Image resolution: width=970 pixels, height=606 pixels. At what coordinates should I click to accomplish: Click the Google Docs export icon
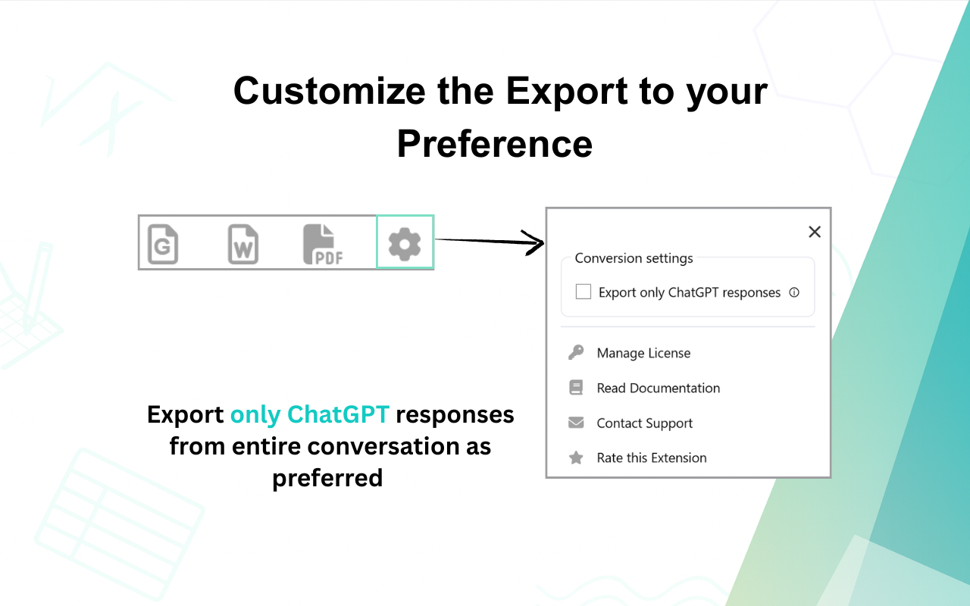click(163, 244)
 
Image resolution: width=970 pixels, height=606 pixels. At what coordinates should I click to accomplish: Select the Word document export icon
click(242, 244)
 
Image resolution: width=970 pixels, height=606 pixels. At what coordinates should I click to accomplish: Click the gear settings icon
click(405, 243)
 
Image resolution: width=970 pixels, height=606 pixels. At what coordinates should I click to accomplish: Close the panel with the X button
click(815, 232)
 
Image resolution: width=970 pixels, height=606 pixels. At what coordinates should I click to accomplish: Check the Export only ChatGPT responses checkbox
click(584, 292)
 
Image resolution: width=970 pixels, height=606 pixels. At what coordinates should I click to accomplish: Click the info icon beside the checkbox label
click(794, 292)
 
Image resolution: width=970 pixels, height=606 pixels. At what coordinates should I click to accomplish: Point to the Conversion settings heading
click(634, 258)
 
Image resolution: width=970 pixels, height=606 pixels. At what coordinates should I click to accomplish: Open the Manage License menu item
click(643, 353)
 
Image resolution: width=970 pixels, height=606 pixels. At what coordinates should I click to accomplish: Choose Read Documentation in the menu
click(658, 388)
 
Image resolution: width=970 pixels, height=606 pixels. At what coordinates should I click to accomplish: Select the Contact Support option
click(644, 423)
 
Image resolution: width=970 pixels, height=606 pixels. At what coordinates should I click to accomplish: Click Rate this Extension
click(651, 458)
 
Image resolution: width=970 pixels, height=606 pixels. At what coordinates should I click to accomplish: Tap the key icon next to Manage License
click(576, 352)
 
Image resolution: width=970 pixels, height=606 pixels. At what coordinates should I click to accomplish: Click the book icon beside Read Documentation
click(576, 388)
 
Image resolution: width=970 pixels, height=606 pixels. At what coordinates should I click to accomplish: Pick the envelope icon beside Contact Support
click(576, 423)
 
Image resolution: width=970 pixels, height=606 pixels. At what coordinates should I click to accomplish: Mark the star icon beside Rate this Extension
click(576, 458)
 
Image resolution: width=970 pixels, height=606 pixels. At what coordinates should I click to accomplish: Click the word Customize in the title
click(329, 91)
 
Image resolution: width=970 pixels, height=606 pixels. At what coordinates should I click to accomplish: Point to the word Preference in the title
click(494, 143)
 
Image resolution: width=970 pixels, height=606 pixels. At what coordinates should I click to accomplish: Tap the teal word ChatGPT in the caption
click(338, 415)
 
